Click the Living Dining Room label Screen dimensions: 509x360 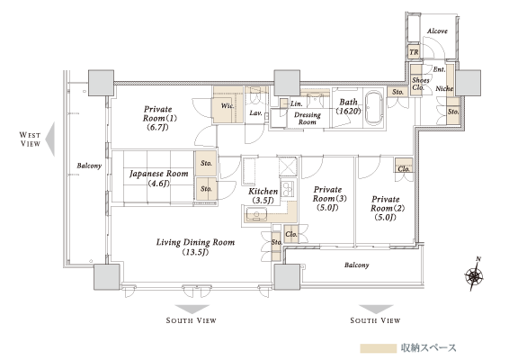195,247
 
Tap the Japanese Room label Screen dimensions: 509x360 159,178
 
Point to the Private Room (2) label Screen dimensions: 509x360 388,208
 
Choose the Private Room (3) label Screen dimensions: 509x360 329,199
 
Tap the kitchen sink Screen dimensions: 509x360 256,215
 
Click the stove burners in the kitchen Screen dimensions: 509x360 288,188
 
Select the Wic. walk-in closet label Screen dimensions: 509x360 228,105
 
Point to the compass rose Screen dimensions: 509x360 474,275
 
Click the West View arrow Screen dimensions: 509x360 49,139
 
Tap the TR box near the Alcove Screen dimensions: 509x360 414,52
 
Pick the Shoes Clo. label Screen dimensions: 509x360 420,84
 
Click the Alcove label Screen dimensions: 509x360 437,31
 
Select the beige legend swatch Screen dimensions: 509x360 379,348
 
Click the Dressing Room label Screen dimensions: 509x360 307,118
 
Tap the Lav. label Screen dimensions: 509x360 255,113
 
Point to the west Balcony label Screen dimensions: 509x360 89,166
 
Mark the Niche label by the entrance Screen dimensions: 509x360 444,88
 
